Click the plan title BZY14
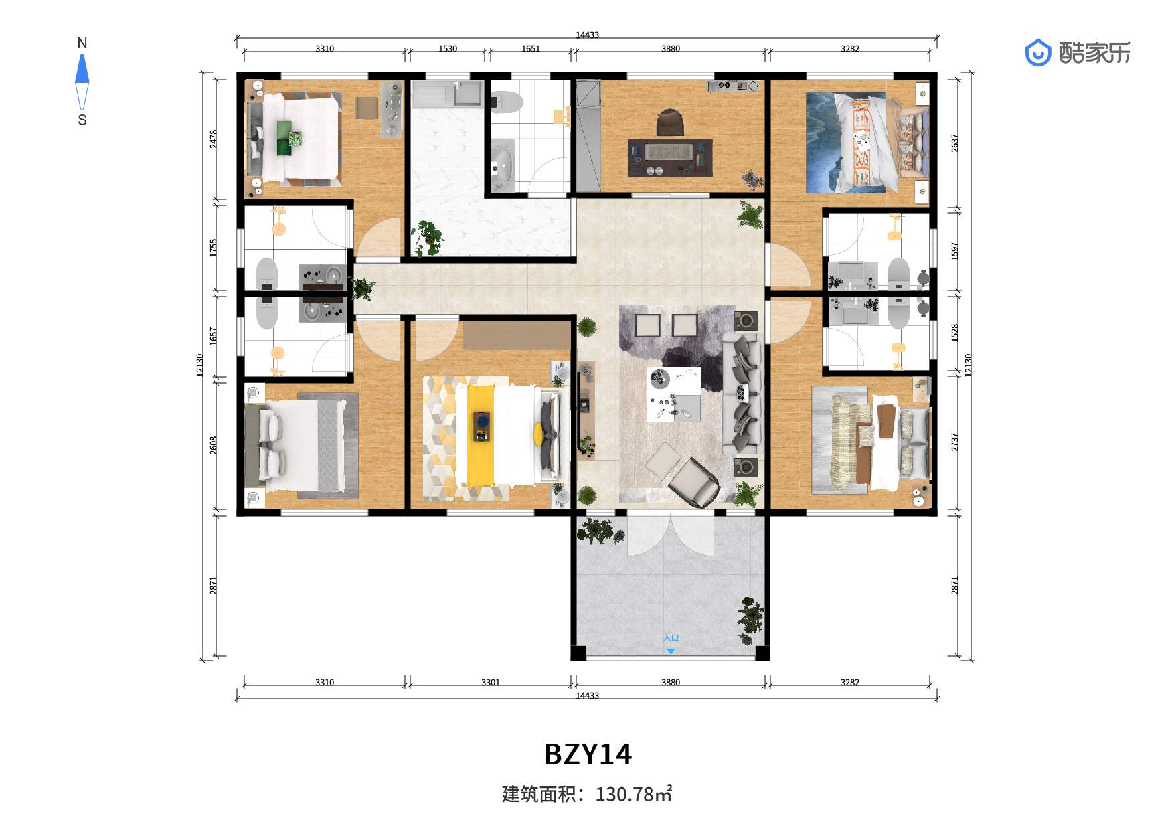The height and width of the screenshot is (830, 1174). [x=587, y=754]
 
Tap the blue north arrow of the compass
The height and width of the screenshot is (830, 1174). [x=82, y=68]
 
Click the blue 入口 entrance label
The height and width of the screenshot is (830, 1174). [x=671, y=638]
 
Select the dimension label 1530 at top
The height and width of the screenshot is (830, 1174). [x=448, y=48]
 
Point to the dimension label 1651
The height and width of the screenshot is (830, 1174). [x=531, y=48]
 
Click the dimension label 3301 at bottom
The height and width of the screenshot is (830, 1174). [x=491, y=682]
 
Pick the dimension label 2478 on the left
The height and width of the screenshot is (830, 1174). [x=213, y=139]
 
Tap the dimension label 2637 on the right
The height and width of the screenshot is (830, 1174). [x=955, y=143]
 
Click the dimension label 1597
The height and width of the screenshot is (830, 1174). [x=955, y=251]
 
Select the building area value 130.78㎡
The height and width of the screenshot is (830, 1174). [x=633, y=794]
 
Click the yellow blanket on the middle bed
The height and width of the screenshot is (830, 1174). [x=480, y=435]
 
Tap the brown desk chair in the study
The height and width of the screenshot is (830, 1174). [x=670, y=123]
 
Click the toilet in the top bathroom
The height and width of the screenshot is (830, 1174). [x=506, y=102]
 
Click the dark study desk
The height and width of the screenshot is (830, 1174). [x=669, y=158]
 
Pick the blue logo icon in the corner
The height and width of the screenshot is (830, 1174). [x=1037, y=53]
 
